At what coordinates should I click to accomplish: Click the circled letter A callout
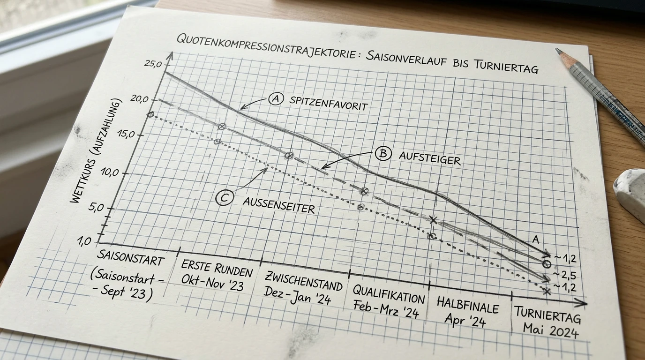276,99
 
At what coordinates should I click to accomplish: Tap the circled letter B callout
383,153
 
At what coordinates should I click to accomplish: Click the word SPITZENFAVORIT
328,104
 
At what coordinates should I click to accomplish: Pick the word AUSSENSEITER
279,205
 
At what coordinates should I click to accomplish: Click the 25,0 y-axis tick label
153,64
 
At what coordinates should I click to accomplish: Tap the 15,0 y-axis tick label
126,134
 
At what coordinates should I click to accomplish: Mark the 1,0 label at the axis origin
84,241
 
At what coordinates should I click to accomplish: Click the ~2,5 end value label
564,275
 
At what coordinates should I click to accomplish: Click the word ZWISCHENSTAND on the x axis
303,281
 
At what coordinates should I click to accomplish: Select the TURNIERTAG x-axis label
547,315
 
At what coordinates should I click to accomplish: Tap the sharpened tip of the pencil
557,50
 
